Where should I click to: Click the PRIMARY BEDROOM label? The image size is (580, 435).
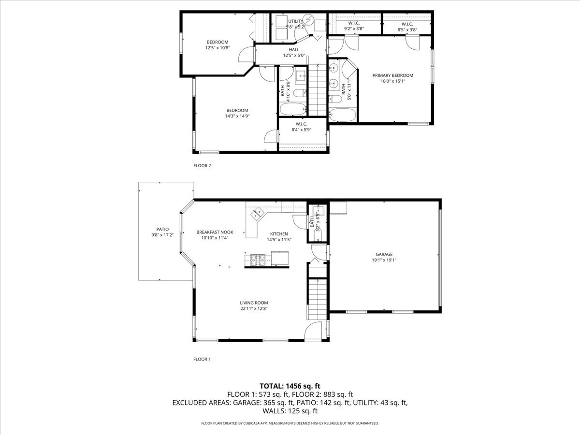pyautogui.click(x=392, y=75)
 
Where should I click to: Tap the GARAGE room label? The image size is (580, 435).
pyautogui.click(x=384, y=254)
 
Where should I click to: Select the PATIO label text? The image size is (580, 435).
pyautogui.click(x=162, y=229)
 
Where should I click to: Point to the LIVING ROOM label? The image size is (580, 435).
pyautogui.click(x=254, y=303)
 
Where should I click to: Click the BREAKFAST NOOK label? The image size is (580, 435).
pyautogui.click(x=215, y=232)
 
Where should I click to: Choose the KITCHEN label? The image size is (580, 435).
pyautogui.click(x=279, y=234)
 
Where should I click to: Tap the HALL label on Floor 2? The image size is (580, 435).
pyautogui.click(x=294, y=50)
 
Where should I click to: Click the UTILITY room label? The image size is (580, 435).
pyautogui.click(x=295, y=21)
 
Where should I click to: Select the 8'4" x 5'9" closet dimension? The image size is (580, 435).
pyautogui.click(x=301, y=130)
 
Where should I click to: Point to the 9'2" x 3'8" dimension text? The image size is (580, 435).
pyautogui.click(x=354, y=29)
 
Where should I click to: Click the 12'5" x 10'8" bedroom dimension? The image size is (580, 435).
pyautogui.click(x=217, y=48)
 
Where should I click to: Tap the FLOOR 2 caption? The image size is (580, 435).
pyautogui.click(x=202, y=166)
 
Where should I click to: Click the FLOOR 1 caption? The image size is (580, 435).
pyautogui.click(x=202, y=359)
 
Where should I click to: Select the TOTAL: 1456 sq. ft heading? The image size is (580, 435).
pyautogui.click(x=290, y=386)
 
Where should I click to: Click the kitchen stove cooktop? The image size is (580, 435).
pyautogui.click(x=258, y=260)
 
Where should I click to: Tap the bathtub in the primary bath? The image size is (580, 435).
pyautogui.click(x=343, y=115)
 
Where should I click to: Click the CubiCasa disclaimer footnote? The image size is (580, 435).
pyautogui.click(x=290, y=423)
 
